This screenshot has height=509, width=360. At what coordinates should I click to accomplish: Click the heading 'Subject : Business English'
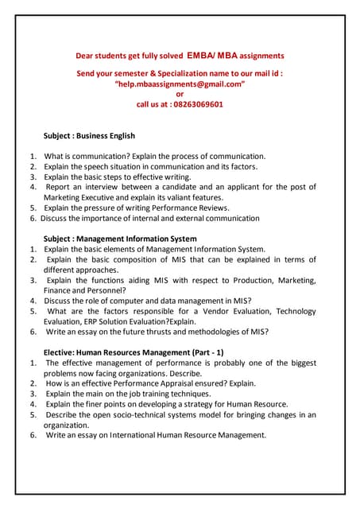(89, 135)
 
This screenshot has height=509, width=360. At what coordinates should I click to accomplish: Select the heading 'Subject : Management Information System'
(120, 239)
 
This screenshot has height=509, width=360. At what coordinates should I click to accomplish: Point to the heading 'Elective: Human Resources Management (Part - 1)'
(133, 352)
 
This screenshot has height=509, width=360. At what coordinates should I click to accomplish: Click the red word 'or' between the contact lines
(180, 93)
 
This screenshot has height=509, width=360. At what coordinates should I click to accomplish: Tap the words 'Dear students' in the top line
(101, 56)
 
